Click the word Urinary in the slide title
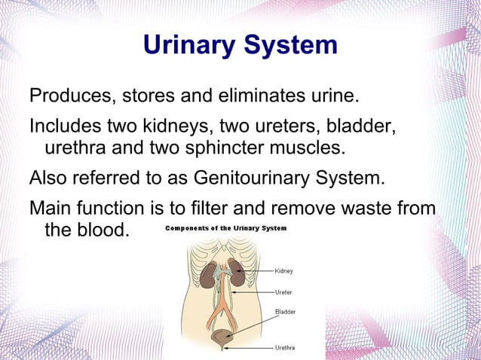click(x=189, y=45)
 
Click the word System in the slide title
click(x=290, y=45)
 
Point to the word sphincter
click(x=234, y=145)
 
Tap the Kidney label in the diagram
click(x=284, y=271)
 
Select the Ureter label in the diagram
click(x=283, y=292)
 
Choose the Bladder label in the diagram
click(x=285, y=311)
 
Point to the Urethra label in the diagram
click(x=285, y=348)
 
